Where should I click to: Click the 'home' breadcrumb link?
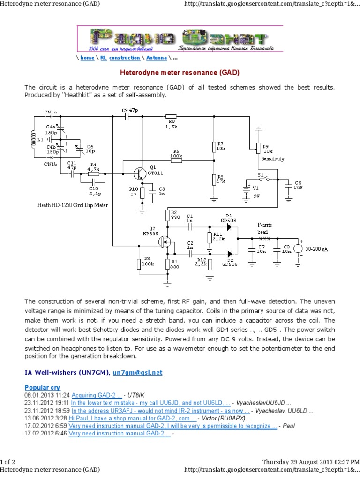coord(87,58)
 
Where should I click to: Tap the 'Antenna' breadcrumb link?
coord(156,58)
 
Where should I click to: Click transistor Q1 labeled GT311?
coord(139,173)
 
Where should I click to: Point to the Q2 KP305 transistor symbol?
coord(165,242)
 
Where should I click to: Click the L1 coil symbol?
coord(33,140)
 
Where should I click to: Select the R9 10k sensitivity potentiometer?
coord(257,148)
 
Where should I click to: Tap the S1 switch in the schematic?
coord(262,179)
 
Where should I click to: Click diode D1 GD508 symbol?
coord(229,226)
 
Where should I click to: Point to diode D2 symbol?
coord(229,254)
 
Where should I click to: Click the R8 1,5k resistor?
coord(171,117)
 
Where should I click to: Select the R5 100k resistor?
coord(176,161)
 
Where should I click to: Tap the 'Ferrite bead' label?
coord(265,228)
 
